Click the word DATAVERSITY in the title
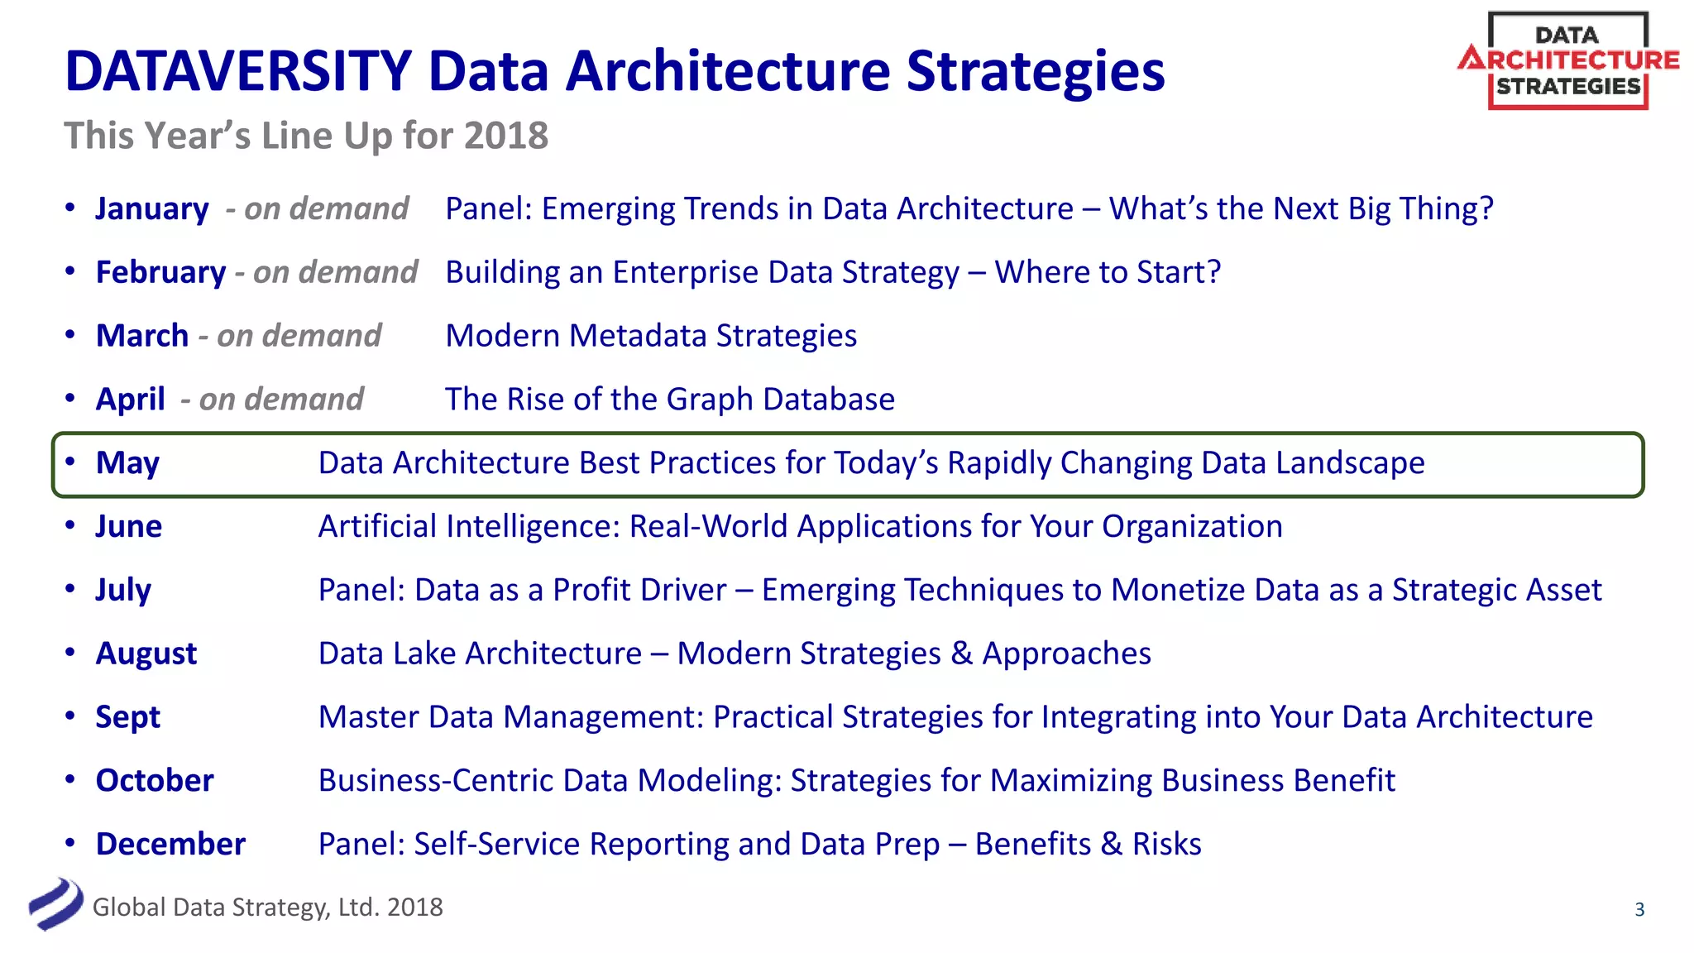click(238, 71)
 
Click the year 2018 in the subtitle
click(505, 136)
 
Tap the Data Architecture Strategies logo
click(1567, 61)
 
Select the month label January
click(152, 208)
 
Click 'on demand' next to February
click(335, 272)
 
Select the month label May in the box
click(127, 463)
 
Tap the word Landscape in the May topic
click(1350, 463)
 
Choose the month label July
click(123, 591)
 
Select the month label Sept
click(127, 717)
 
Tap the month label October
click(155, 781)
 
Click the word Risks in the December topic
click(1166, 845)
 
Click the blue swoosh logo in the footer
click(55, 904)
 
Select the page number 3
click(1639, 910)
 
